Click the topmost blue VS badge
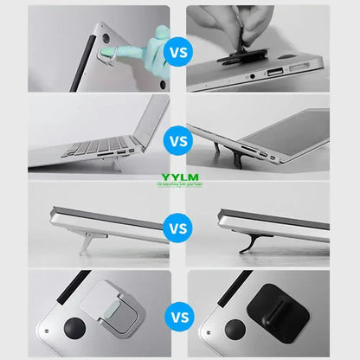[179, 51]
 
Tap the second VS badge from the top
[179, 138]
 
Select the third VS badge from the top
[179, 229]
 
